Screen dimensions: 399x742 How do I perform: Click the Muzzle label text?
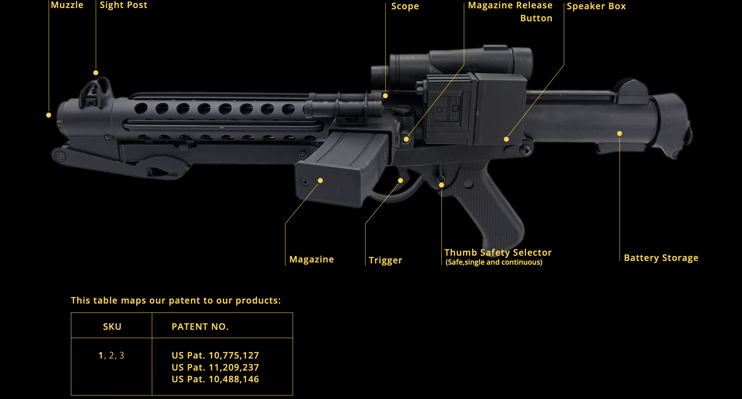coord(67,5)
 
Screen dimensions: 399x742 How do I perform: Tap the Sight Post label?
coord(123,5)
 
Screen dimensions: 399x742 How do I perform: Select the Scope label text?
coord(405,6)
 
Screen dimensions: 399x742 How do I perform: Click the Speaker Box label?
coord(596,6)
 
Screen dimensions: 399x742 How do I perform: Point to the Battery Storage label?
coord(661,258)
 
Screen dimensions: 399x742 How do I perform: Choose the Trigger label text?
coord(385,260)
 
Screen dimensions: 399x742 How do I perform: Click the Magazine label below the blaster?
coord(312,259)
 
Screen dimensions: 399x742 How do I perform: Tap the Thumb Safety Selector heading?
coord(498,253)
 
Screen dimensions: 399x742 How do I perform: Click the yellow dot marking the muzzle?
coord(49,115)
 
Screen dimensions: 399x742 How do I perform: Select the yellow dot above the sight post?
coord(96,73)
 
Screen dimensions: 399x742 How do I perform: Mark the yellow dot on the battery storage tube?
coord(620,133)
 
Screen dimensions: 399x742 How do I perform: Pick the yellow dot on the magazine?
coord(320,181)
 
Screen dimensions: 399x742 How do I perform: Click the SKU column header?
coord(112,327)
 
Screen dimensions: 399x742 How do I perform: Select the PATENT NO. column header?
coord(200,327)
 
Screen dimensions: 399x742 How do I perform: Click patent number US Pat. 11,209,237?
coord(215,367)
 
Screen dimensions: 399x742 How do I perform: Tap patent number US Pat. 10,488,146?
coord(215,379)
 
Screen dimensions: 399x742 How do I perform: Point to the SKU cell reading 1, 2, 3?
coord(111,355)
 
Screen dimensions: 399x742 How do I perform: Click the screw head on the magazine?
coord(305,182)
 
